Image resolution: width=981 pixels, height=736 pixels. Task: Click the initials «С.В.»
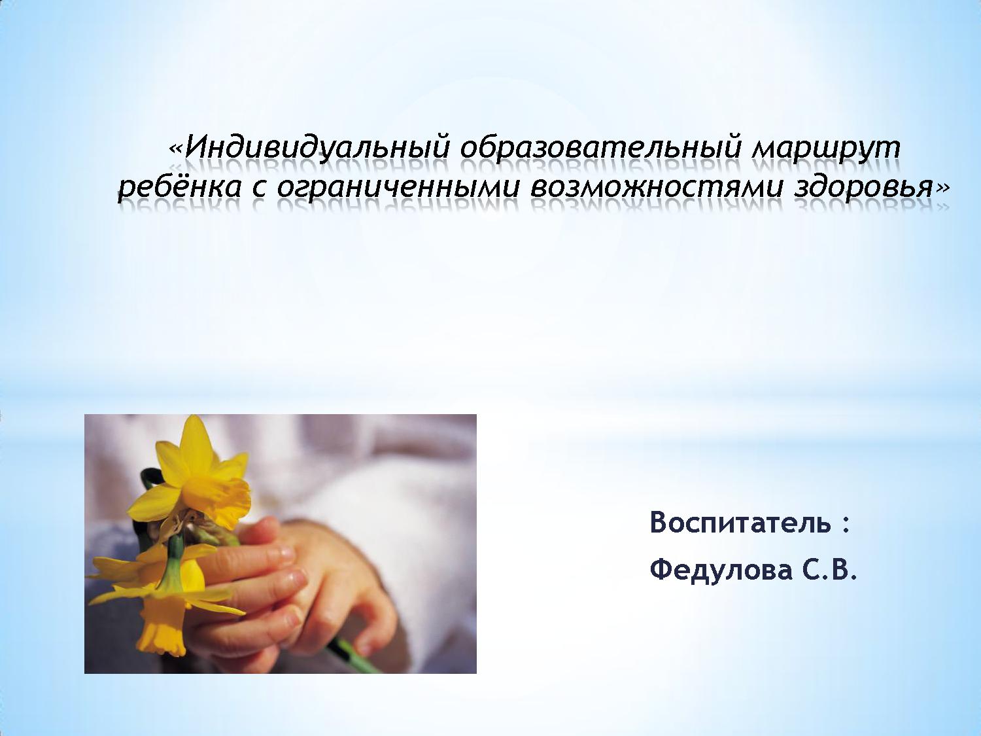click(826, 570)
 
